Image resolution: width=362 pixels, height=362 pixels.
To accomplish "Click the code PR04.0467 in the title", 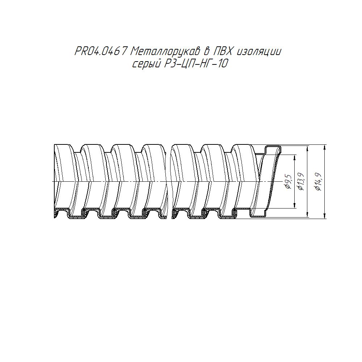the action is (101, 51).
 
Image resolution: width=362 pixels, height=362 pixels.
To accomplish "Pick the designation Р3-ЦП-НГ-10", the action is (195, 63).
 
